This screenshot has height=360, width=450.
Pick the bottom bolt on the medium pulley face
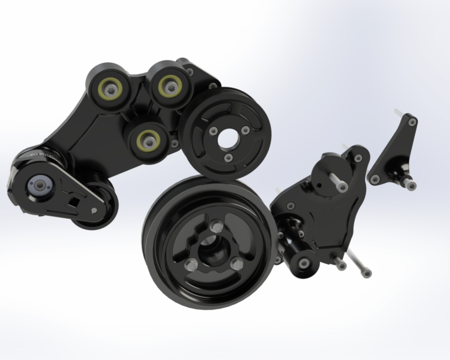[228, 158]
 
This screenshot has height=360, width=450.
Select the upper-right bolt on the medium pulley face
[245, 130]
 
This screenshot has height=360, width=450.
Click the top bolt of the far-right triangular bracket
[412, 121]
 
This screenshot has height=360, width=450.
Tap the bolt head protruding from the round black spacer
[342, 187]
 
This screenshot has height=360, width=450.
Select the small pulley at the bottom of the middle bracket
[303, 262]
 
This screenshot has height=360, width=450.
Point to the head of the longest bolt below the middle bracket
[366, 273]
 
